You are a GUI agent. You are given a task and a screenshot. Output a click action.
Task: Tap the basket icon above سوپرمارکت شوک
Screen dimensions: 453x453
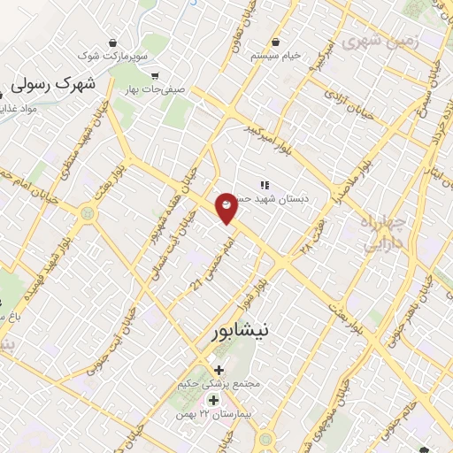(113, 42)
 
